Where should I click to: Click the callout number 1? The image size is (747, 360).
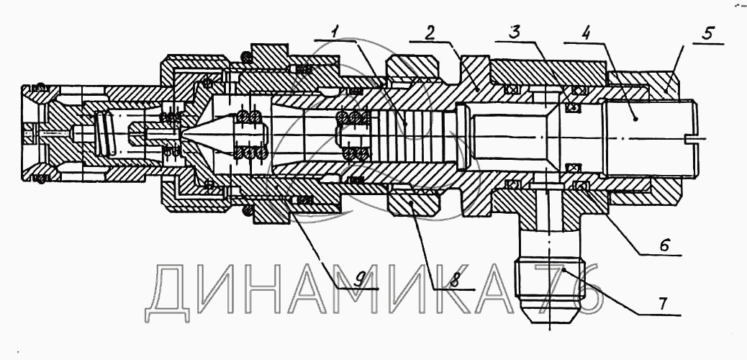pos(335,32)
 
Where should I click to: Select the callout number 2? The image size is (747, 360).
pos(429,32)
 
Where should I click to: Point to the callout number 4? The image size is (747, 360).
pos(586,32)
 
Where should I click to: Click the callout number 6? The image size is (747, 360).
pos(666,245)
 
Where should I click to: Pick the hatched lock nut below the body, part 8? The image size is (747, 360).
pos(414,204)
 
